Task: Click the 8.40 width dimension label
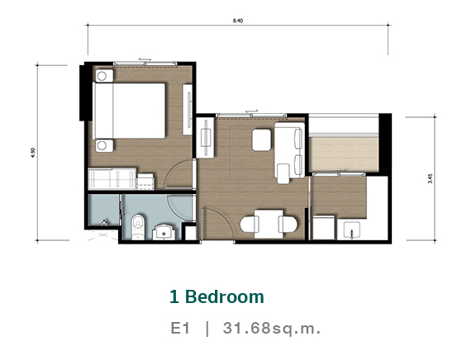(238, 21)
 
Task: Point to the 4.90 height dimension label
(33, 153)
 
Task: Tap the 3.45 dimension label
(431, 178)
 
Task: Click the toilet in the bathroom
(137, 226)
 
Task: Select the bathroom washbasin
(164, 233)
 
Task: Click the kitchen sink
(351, 230)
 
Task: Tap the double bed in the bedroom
(129, 111)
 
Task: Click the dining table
(269, 224)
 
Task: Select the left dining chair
(250, 224)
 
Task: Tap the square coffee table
(261, 140)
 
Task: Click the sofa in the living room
(289, 150)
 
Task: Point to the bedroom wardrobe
(112, 179)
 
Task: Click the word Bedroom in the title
(224, 296)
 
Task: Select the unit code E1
(180, 328)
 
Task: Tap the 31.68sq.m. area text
(272, 328)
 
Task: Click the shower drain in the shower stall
(104, 223)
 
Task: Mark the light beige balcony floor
(343, 154)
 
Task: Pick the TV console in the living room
(205, 137)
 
